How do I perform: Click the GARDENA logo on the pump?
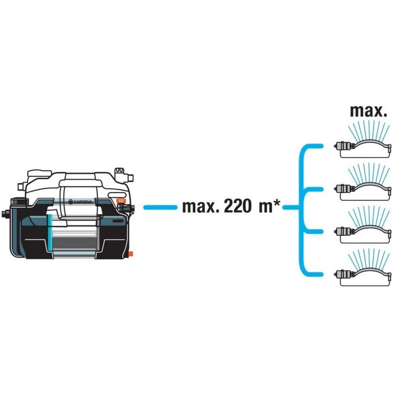tap(82, 201)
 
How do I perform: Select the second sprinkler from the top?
tap(362, 185)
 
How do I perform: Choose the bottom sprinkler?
tap(362, 271)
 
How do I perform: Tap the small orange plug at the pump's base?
tap(131, 253)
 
